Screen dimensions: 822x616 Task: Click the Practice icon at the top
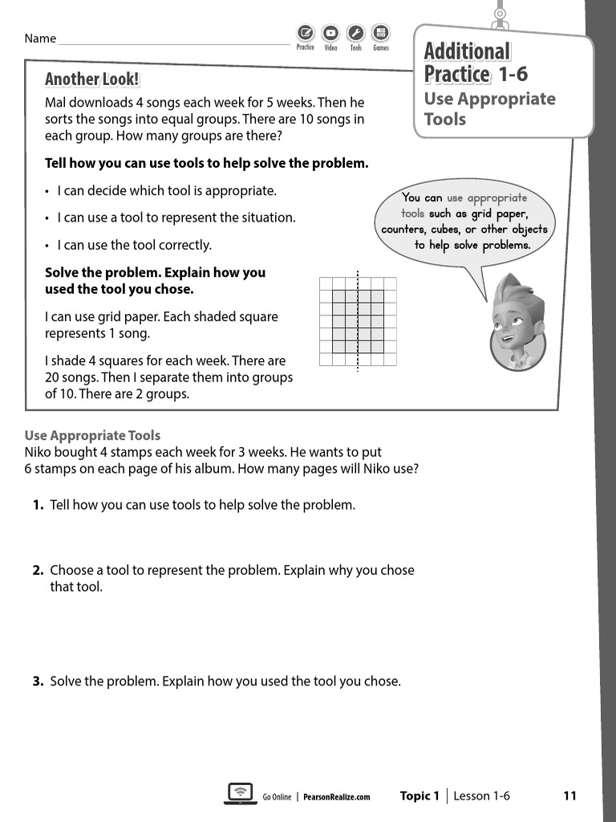point(305,33)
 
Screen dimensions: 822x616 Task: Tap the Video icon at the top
point(330,33)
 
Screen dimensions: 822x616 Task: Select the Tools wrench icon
point(356,33)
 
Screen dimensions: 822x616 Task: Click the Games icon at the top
point(381,33)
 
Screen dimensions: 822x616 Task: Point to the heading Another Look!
point(91,79)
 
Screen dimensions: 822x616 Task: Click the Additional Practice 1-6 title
point(475,63)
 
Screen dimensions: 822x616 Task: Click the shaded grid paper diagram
point(358,322)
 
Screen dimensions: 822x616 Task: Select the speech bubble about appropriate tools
point(464,221)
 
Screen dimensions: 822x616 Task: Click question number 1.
point(38,505)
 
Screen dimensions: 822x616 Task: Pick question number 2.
point(38,570)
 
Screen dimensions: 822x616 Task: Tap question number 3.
point(38,682)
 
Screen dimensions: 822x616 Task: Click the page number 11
point(569,796)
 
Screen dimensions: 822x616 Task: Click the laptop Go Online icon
point(239,793)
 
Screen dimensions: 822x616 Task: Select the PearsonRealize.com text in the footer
point(337,797)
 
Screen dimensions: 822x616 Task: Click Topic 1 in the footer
point(419,796)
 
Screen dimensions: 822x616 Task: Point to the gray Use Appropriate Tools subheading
point(92,435)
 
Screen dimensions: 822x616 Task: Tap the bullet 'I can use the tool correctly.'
point(134,245)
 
